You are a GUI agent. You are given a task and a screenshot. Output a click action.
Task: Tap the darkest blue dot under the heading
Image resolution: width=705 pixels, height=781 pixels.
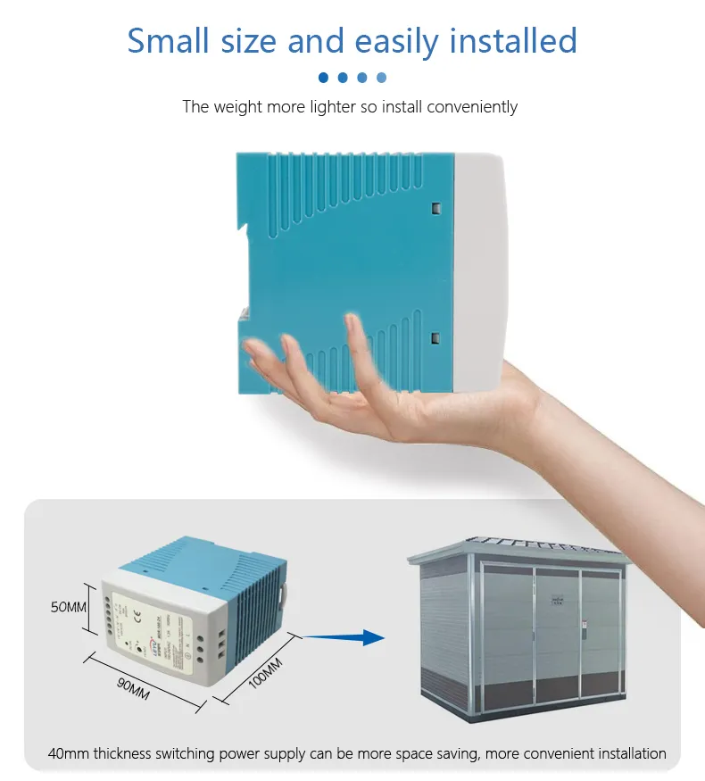[x=323, y=78]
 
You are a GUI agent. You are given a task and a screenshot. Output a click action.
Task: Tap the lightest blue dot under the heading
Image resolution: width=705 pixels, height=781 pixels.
[x=382, y=78]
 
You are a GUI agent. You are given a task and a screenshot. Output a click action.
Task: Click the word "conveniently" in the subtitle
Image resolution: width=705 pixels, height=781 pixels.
[x=472, y=107]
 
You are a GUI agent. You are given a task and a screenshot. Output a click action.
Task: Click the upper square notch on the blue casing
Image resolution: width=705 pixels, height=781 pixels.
[x=435, y=208]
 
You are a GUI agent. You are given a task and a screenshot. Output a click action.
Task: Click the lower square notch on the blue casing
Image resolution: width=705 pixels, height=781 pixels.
[x=435, y=337]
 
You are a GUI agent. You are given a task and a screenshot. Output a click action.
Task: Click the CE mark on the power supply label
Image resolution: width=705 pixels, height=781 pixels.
[x=137, y=613]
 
